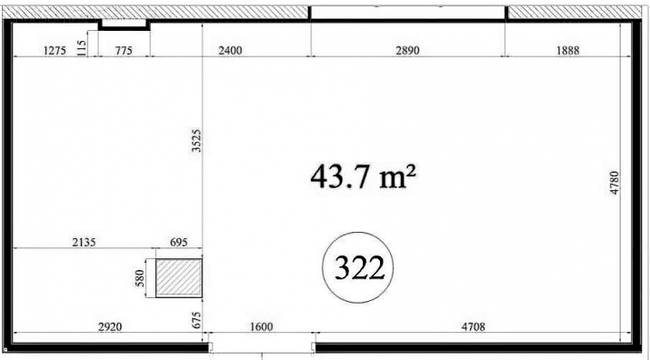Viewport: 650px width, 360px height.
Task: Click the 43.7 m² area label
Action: click(x=363, y=176)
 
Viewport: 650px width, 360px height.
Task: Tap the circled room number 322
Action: click(x=358, y=267)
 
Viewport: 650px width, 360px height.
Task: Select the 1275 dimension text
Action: click(x=55, y=51)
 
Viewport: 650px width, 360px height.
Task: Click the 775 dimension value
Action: click(x=124, y=51)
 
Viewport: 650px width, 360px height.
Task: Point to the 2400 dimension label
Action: click(x=230, y=51)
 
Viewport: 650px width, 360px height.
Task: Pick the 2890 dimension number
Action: click(x=407, y=51)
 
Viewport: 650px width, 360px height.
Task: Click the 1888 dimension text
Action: click(x=568, y=51)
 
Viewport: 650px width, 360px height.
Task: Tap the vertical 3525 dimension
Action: click(x=196, y=141)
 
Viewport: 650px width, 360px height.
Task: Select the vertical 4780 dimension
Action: click(x=614, y=183)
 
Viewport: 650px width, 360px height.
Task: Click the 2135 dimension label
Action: click(x=85, y=242)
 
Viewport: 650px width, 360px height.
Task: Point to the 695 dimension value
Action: click(x=179, y=242)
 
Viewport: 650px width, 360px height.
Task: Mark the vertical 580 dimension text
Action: click(x=140, y=278)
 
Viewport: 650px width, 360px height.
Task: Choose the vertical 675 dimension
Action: click(x=197, y=320)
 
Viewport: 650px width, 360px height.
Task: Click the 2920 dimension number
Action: click(x=110, y=327)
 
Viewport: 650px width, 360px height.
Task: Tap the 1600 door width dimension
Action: click(x=262, y=327)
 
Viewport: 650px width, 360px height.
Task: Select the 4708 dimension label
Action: click(x=473, y=327)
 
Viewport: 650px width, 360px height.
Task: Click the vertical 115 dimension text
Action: click(x=82, y=47)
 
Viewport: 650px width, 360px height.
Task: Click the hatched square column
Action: click(x=179, y=278)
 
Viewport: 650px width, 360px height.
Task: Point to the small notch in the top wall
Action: click(x=124, y=25)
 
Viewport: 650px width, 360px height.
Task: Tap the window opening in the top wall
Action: click(x=408, y=13)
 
